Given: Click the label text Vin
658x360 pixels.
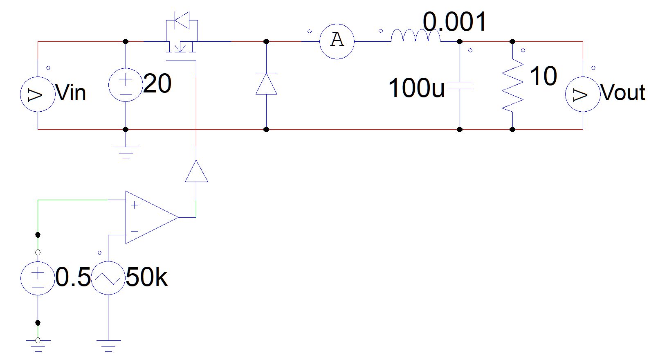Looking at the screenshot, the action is click(x=71, y=93).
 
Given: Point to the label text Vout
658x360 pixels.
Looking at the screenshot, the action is click(x=622, y=92).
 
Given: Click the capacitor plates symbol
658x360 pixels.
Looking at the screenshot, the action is click(x=460, y=85).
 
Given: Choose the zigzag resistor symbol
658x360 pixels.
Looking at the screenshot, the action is click(x=512, y=85).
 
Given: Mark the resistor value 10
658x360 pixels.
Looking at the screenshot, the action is click(x=543, y=76).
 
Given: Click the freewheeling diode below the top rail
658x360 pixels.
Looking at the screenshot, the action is click(x=266, y=84).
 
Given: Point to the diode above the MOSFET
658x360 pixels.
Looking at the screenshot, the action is click(x=182, y=20).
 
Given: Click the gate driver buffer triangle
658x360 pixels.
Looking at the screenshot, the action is click(x=197, y=171).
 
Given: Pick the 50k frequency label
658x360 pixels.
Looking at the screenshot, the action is click(x=146, y=277).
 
